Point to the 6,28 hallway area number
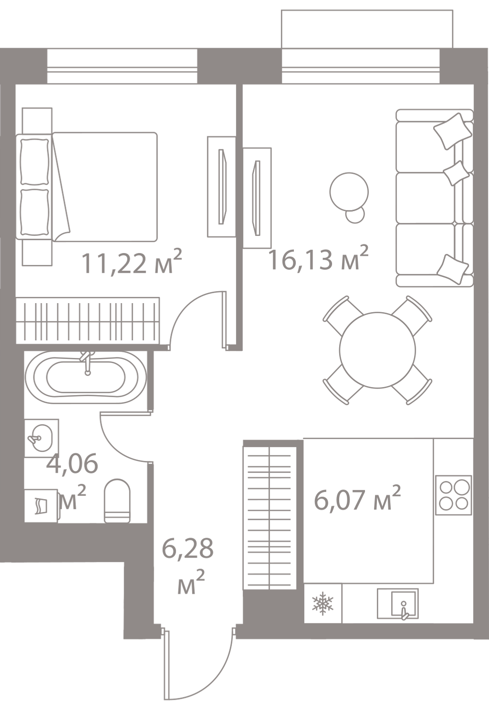pos(187,550)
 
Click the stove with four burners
pos(454,494)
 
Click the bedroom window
pos(122,67)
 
